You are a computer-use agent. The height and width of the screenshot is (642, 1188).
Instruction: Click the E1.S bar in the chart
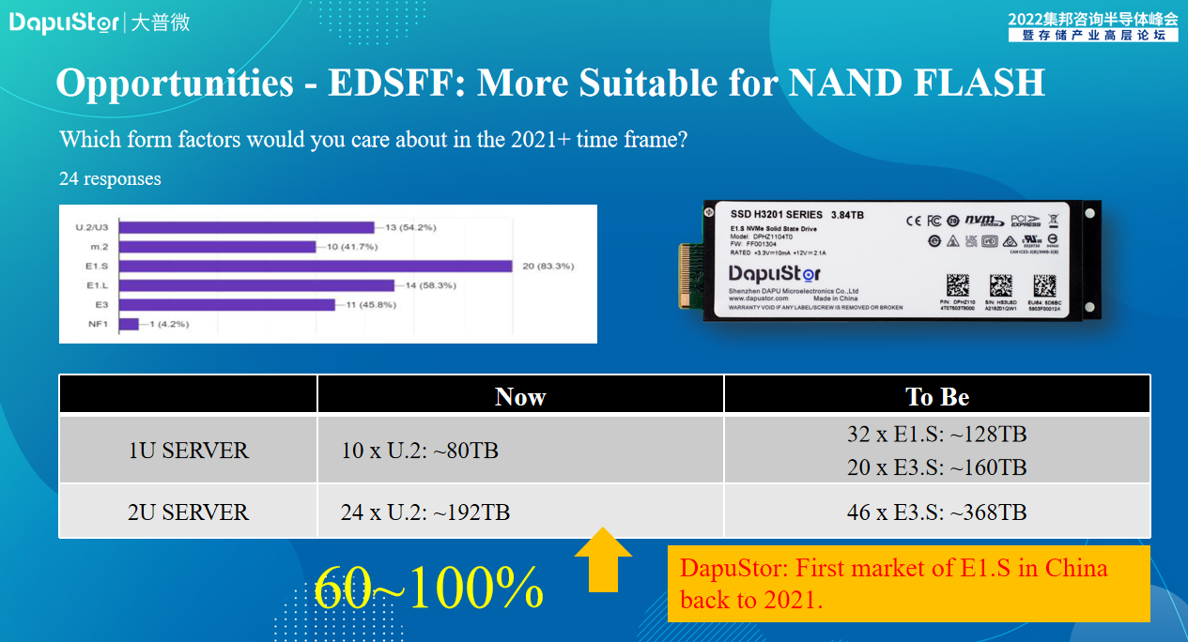(x=315, y=266)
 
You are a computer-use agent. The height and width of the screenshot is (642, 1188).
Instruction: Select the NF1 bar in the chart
(x=129, y=325)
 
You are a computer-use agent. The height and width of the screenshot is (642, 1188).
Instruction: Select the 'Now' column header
(x=520, y=396)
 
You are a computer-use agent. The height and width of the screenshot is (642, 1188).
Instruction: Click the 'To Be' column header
(x=937, y=396)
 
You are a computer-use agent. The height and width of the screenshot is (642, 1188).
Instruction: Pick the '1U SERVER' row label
(x=188, y=451)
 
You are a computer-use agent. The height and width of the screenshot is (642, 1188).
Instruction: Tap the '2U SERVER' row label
(x=188, y=512)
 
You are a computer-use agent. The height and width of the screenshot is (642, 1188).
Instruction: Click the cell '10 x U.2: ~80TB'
(x=420, y=451)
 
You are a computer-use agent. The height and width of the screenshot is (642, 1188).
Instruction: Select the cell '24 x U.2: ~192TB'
(x=425, y=512)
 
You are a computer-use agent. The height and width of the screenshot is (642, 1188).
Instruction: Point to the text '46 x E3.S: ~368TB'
(x=937, y=512)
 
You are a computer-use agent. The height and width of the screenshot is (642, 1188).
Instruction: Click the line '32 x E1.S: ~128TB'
(x=937, y=435)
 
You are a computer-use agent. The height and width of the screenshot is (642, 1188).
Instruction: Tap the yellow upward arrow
(x=602, y=559)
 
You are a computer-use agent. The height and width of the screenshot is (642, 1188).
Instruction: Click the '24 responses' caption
(x=110, y=178)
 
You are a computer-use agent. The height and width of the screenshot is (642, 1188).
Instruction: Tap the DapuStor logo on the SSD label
(x=775, y=274)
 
